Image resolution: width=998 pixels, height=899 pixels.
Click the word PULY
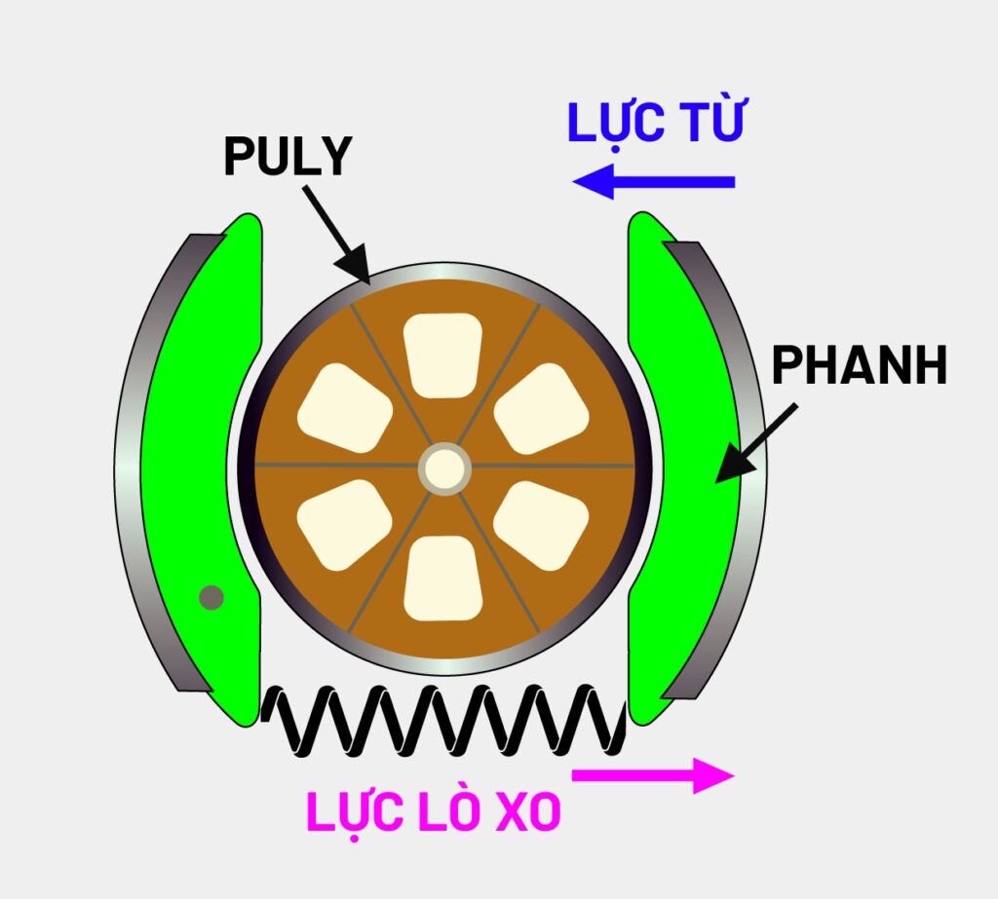(x=287, y=157)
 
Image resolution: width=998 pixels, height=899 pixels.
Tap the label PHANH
(x=859, y=366)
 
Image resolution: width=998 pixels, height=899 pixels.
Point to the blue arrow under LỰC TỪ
(x=653, y=181)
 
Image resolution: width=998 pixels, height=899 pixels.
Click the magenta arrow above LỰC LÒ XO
(x=652, y=775)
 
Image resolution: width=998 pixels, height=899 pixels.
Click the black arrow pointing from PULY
(x=335, y=232)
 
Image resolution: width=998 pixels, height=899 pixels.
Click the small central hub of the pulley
(x=444, y=468)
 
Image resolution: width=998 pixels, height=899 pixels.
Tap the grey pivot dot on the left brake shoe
(x=211, y=597)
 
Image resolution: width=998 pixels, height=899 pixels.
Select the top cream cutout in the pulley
(x=443, y=353)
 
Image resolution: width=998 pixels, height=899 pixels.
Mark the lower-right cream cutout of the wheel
(x=542, y=524)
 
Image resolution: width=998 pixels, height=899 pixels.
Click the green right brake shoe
(x=682, y=468)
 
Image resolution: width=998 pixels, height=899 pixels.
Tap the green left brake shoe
(x=200, y=468)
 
